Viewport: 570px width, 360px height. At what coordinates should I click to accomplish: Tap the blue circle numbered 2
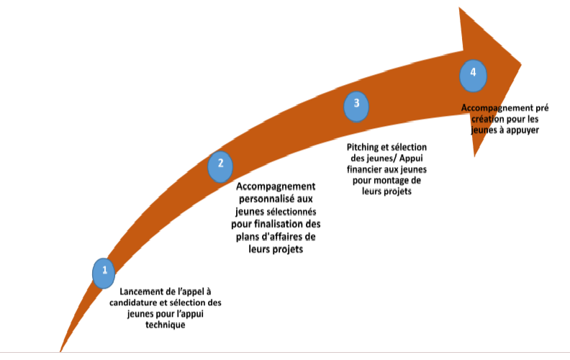coord(220,164)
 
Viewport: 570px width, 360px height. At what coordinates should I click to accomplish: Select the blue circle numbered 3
coord(356,105)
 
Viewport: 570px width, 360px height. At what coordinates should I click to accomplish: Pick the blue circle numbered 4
coord(473,74)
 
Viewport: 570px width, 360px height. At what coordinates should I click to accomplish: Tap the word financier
coord(378,170)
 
